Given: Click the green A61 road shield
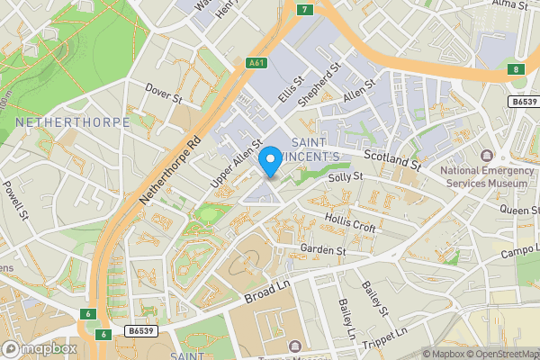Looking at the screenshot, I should [257, 62].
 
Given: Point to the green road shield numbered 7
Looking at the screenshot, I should [306, 10].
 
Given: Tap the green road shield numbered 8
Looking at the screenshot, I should [515, 69].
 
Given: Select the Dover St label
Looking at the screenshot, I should [165, 91].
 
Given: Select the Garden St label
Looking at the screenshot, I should [323, 249].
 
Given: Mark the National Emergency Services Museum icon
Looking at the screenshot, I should [487, 157].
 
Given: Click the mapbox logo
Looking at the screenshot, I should [40, 347].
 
